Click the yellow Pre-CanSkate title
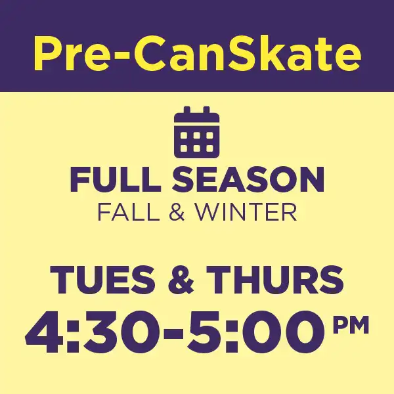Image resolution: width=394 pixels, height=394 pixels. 197,53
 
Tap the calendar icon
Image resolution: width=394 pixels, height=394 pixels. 197,133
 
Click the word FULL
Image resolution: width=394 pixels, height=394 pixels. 116,180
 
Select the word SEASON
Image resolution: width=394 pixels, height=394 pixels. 248,180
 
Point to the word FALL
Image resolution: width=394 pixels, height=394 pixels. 129,212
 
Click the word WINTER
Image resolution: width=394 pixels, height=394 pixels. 246,212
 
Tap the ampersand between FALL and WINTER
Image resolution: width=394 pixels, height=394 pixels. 177,213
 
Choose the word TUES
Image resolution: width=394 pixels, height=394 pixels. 102,280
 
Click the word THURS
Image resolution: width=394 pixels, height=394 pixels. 275,280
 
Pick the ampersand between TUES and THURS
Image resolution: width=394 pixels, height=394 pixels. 181,280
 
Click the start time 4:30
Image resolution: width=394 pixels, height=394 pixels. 93,332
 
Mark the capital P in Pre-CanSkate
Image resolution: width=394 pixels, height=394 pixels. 49,53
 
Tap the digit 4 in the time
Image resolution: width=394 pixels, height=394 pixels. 45,332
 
